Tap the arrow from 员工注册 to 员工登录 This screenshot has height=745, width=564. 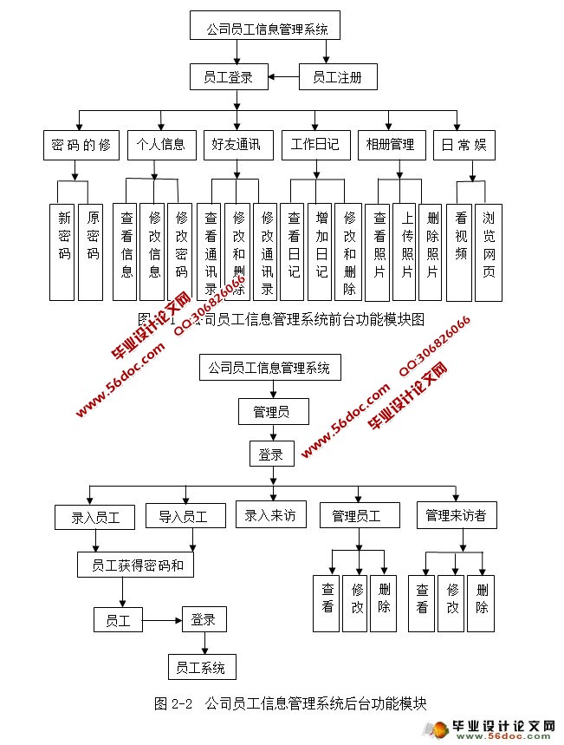(x=284, y=78)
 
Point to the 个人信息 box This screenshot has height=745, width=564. (x=157, y=145)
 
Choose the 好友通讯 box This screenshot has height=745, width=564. (x=237, y=145)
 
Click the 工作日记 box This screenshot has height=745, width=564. (x=315, y=145)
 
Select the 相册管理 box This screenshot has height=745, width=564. (x=391, y=145)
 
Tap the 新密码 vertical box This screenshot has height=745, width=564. (x=63, y=252)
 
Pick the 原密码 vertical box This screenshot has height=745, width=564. (x=91, y=252)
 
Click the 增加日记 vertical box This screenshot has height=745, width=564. (x=321, y=252)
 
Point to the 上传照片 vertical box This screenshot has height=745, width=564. (x=405, y=252)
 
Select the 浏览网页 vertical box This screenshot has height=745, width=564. (x=489, y=252)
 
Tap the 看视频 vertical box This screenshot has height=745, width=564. (x=460, y=252)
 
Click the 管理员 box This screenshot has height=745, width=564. (x=272, y=411)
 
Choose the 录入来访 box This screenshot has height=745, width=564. (x=270, y=515)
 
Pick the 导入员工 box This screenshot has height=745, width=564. (x=183, y=518)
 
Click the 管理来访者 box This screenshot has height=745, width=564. (x=456, y=516)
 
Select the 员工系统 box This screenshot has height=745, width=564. (x=200, y=667)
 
